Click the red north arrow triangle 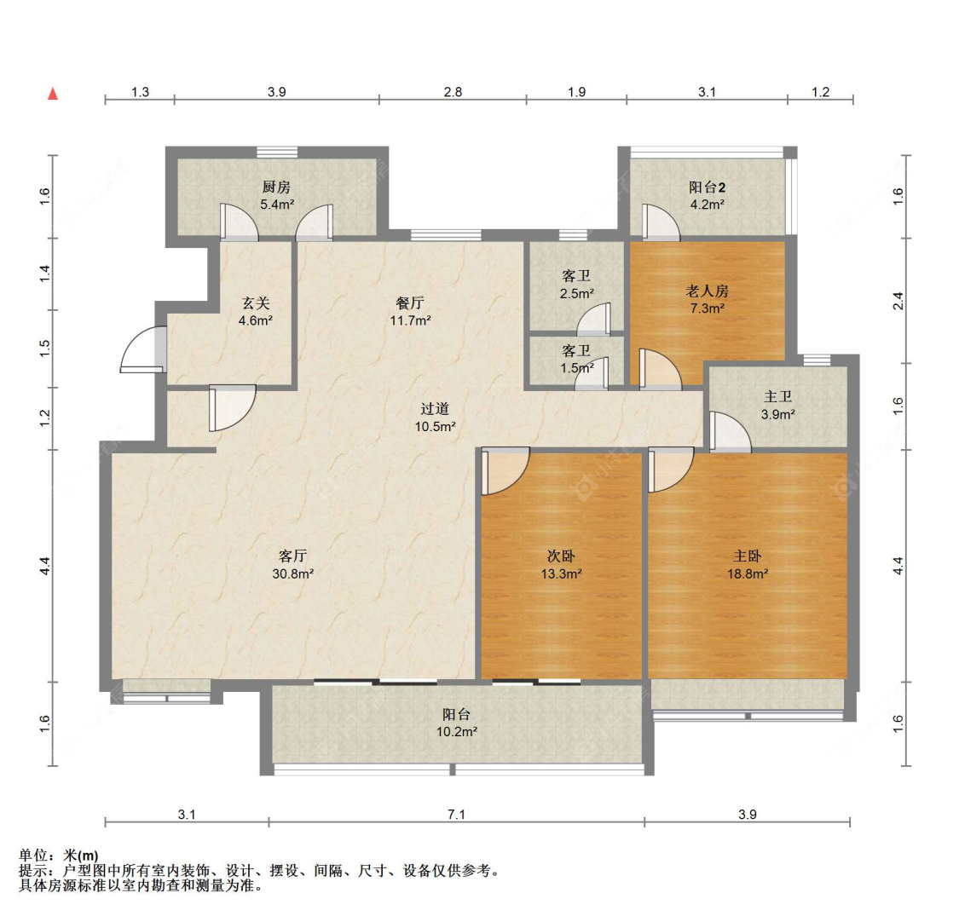53,94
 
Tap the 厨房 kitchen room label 276,187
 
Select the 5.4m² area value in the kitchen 277,205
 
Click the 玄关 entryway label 256,303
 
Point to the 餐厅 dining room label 410,303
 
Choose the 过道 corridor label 435,408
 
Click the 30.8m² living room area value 293,573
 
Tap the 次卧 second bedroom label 561,556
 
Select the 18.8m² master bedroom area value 748,573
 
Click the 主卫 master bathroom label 778,397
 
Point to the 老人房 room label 707,291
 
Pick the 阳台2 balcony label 707,187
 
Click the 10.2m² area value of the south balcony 456,731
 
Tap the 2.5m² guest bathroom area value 577,293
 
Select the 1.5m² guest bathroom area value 577,368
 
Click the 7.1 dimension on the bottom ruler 456,815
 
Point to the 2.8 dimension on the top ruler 453,92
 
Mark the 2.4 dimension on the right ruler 898,301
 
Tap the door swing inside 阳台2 661,222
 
